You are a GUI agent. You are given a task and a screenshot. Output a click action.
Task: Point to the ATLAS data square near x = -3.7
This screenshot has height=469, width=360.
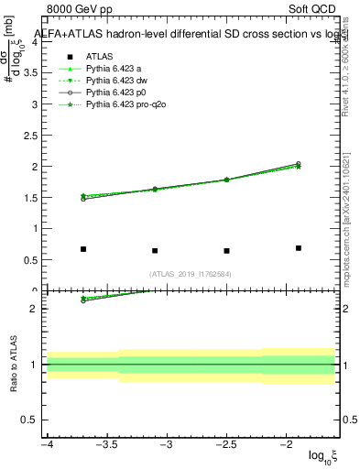pos(83,249)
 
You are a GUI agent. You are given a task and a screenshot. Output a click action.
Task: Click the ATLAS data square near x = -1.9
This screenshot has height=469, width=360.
pos(299,248)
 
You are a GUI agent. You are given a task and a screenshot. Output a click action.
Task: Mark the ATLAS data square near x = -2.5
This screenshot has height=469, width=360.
pos(226,251)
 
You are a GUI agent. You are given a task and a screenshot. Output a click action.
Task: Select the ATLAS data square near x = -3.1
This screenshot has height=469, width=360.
pos(155,251)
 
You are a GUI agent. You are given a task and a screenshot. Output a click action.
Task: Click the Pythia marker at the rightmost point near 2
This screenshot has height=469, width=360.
pos(299,165)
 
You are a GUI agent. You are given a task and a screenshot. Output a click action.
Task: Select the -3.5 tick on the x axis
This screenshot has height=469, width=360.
pos(107,444)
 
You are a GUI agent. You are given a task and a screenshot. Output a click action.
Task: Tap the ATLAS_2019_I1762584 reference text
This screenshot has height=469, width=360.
pos(191,274)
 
